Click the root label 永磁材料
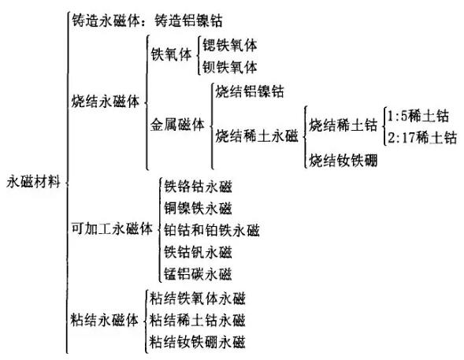click(33, 181)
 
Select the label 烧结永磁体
click(106, 102)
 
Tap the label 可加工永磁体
click(112, 228)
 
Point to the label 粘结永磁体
click(105, 320)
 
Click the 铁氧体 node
click(171, 54)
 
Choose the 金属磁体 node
click(177, 124)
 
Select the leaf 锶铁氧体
click(229, 45)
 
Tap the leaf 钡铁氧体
click(229, 67)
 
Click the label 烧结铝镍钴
click(250, 91)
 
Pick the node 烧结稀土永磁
click(257, 136)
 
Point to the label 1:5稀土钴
click(418, 116)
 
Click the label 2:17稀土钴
click(422, 138)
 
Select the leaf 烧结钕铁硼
click(343, 161)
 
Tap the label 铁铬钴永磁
click(198, 187)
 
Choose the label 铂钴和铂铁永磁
click(212, 230)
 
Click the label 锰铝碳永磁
click(198, 273)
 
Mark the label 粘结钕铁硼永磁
click(198, 342)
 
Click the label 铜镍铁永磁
click(198, 208)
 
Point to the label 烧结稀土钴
click(343, 124)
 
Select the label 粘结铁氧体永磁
click(198, 299)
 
